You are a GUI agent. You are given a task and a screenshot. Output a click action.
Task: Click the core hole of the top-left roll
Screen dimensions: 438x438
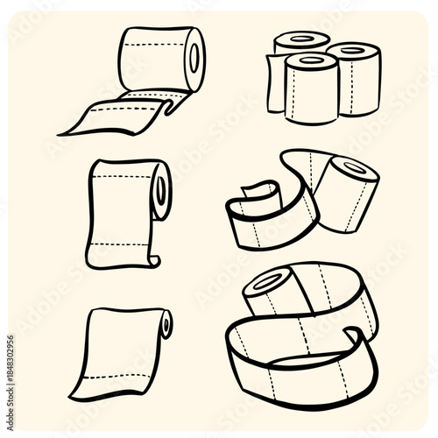click(194, 58)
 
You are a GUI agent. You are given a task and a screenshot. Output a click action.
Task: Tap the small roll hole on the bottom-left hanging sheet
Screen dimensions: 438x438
click(166, 325)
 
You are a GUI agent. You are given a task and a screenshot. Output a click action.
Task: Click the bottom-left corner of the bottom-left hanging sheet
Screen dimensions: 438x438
click(73, 397)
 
